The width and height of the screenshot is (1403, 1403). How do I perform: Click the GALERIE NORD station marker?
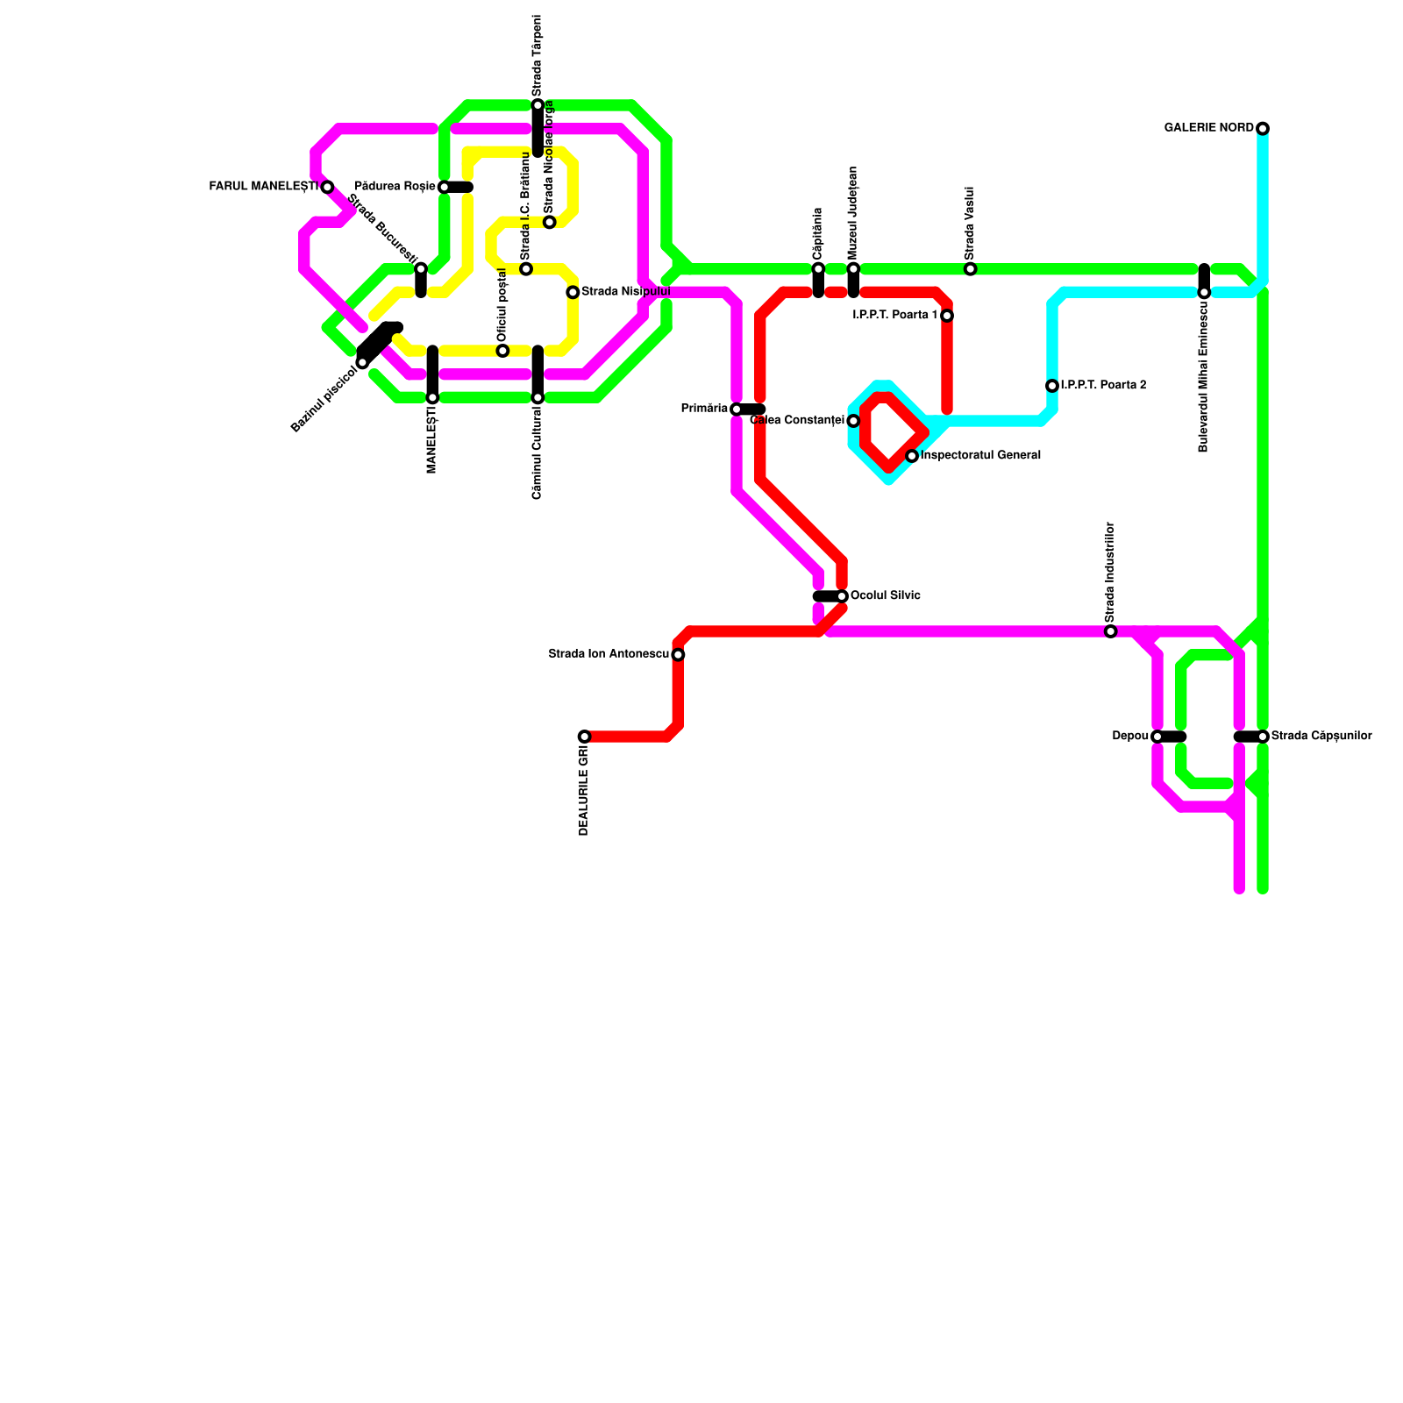1263,129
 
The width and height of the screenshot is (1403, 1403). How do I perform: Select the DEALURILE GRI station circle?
584,737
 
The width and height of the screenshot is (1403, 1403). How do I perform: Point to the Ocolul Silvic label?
886,596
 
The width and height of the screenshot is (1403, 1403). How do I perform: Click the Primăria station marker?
737,410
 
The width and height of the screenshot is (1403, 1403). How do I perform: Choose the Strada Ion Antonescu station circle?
678,654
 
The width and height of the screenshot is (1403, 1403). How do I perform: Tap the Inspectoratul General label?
980,456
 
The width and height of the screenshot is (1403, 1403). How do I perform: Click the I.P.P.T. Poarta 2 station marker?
1052,386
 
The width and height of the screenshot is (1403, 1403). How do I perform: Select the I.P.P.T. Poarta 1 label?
894,316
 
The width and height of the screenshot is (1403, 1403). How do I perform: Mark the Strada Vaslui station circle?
970,268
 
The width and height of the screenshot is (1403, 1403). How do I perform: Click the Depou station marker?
1157,737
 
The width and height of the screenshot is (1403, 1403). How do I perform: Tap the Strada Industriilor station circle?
1110,631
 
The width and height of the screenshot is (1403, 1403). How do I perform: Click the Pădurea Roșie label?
395,187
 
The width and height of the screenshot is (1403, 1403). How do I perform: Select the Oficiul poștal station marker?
502,351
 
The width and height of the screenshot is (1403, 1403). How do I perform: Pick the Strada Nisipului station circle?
573,292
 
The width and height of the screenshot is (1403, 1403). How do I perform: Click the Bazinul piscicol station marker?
362,362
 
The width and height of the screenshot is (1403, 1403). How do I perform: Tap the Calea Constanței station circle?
853,421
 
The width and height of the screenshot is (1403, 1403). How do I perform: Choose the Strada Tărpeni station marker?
538,105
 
